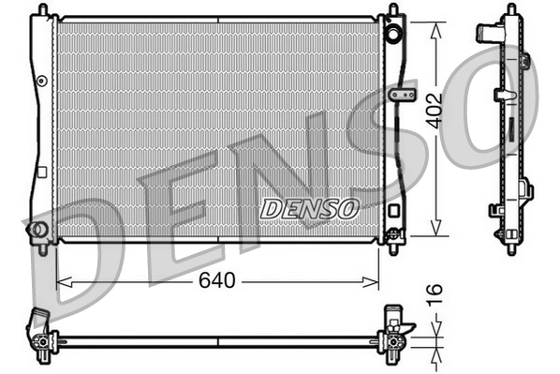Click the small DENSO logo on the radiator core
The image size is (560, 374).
pos(309,207)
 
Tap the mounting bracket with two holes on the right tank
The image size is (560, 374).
pos(402,96)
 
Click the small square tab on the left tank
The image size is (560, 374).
pos(42,172)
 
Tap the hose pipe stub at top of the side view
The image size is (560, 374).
pos(490,33)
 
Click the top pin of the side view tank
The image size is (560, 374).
pos(510,8)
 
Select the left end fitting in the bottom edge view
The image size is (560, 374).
pos(40,332)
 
